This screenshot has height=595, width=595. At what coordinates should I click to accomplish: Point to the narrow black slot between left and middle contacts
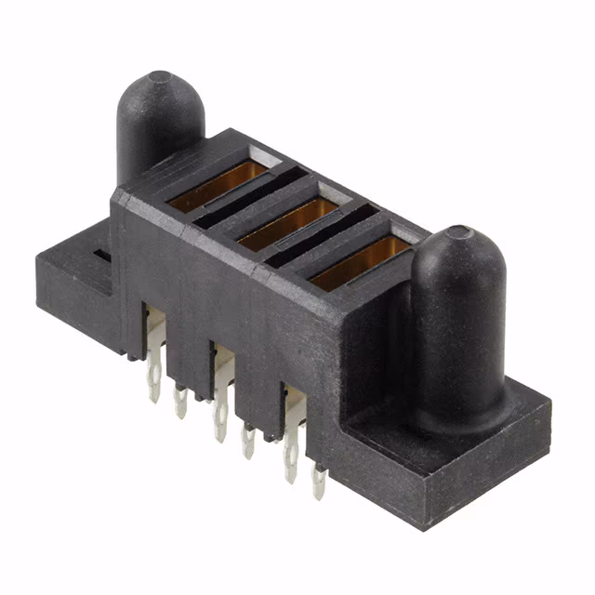click(x=249, y=200)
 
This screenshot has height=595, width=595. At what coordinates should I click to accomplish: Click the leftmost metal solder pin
click(x=154, y=383)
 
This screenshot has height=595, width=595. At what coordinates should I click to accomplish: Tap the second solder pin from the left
click(x=180, y=401)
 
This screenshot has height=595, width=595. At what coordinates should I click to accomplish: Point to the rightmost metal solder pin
click(x=319, y=481)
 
